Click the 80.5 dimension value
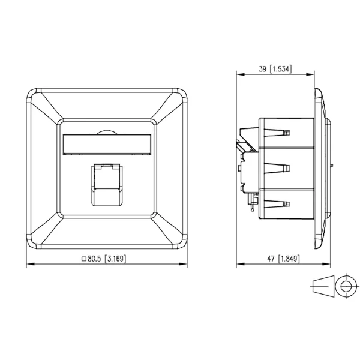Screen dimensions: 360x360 pos(94,259)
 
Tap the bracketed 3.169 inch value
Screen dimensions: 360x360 pos(115,259)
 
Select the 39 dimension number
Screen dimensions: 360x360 pos(263,69)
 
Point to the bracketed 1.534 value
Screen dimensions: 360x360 pos(281,69)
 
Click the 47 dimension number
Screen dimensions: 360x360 pos(271,259)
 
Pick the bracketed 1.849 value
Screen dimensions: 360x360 pos(289,259)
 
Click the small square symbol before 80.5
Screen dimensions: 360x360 pos(84,259)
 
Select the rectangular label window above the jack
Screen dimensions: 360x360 pos(107,145)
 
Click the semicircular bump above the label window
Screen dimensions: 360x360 pos(107,133)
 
